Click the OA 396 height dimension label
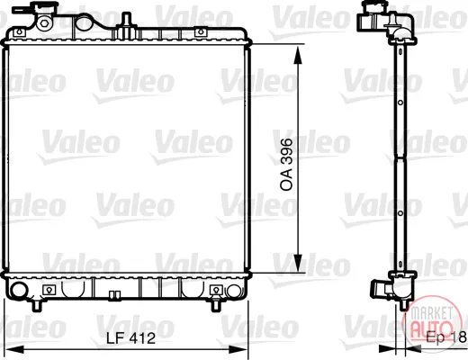point(286,164)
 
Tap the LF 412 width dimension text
point(131,338)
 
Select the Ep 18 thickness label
point(446,337)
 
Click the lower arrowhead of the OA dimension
point(298,262)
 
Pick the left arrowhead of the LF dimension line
point(14,349)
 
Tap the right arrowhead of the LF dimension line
point(238,349)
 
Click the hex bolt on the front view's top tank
point(44,23)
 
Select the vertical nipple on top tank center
point(127,21)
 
